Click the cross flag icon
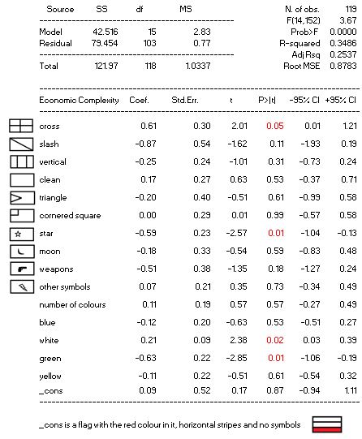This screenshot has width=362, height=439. [x=21, y=126]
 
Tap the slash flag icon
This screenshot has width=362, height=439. [x=22, y=144]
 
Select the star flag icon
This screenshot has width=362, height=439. [x=22, y=234]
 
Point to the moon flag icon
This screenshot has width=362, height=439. [x=22, y=252]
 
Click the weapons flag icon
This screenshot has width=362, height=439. [x=22, y=269]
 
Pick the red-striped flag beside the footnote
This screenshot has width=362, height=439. [x=327, y=424]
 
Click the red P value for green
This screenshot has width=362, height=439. [x=276, y=358]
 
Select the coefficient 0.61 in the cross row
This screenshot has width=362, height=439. [x=149, y=126]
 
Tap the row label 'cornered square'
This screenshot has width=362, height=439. [x=70, y=216]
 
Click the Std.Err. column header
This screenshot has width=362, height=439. [x=185, y=100]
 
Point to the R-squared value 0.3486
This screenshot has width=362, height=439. [x=343, y=43]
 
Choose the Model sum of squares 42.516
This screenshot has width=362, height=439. [x=106, y=32]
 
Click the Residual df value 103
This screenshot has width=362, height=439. [x=149, y=43]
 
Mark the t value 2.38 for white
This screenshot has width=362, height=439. [x=239, y=340]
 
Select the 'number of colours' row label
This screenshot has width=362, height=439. [x=72, y=304]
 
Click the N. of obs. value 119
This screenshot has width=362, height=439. [x=351, y=9]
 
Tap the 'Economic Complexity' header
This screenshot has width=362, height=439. [x=79, y=101]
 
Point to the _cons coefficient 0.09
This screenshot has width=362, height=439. [x=148, y=390]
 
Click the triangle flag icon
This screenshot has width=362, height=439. [x=22, y=198]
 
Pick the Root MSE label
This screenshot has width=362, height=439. [x=301, y=66]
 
